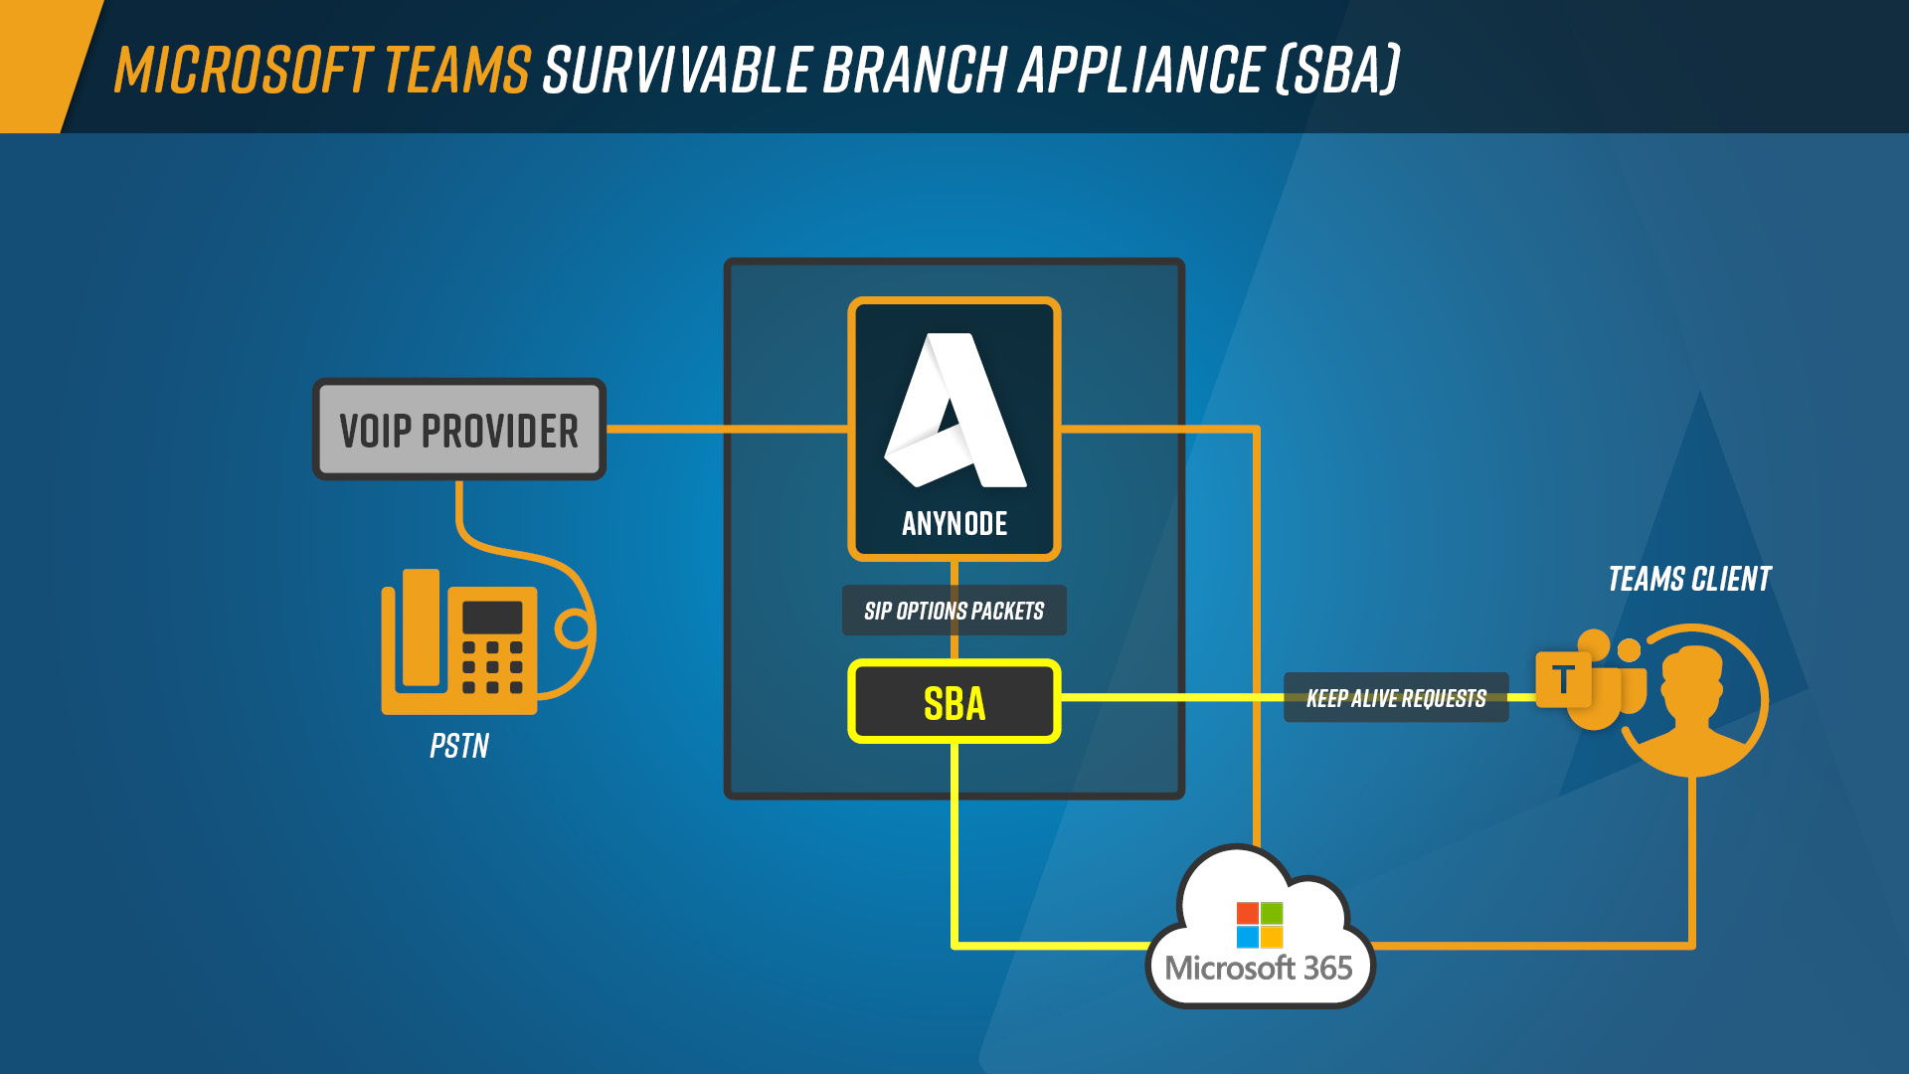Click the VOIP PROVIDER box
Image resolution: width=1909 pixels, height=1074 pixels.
[459, 430]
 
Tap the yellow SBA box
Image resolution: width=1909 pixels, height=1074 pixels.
[954, 702]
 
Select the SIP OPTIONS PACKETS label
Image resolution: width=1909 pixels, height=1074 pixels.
[954, 611]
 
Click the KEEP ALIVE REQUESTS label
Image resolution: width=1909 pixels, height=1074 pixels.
[1396, 698]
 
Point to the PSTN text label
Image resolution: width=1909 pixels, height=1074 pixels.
[459, 746]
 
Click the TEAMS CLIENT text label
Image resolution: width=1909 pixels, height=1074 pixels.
[1689, 579]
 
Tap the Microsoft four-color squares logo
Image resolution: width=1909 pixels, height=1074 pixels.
[1260, 925]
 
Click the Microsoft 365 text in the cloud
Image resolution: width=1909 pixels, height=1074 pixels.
[1259, 968]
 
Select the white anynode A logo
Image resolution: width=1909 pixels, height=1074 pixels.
[954, 410]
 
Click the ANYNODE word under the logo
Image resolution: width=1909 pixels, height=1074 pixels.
[954, 524]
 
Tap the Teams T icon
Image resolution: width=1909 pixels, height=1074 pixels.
[1563, 680]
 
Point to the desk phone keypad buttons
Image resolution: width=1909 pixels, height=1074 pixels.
[492, 666]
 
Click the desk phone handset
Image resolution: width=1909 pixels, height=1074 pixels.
[421, 628]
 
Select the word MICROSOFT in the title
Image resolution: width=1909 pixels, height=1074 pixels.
[244, 70]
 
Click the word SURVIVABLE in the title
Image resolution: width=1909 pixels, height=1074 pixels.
[677, 70]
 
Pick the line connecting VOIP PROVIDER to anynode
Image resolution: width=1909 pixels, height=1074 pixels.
[727, 430]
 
